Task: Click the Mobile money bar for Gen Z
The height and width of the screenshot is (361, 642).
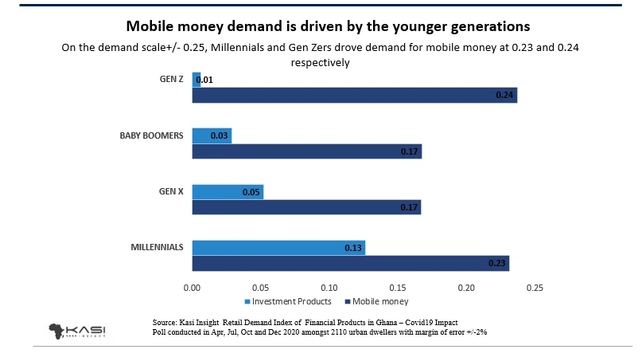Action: click(x=354, y=96)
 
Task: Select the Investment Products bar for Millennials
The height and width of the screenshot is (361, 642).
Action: click(x=278, y=248)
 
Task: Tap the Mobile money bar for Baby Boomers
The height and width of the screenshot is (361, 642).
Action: click(x=306, y=151)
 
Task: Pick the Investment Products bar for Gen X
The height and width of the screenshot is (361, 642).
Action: click(x=228, y=192)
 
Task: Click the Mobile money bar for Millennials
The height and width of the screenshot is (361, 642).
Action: click(x=350, y=264)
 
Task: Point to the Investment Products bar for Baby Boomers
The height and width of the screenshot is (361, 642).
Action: click(x=212, y=135)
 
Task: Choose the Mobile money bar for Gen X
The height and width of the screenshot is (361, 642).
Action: click(x=306, y=207)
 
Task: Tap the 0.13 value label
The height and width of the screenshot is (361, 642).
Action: click(x=354, y=248)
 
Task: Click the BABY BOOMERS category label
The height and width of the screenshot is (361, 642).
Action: click(x=152, y=135)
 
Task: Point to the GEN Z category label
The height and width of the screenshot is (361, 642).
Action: click(x=171, y=80)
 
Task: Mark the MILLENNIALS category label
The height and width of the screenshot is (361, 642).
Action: click(x=158, y=247)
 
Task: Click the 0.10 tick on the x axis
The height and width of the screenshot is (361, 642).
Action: click(x=329, y=287)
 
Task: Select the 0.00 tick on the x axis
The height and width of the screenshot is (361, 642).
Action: click(x=192, y=287)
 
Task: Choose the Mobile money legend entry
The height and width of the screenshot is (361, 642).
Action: click(x=377, y=302)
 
